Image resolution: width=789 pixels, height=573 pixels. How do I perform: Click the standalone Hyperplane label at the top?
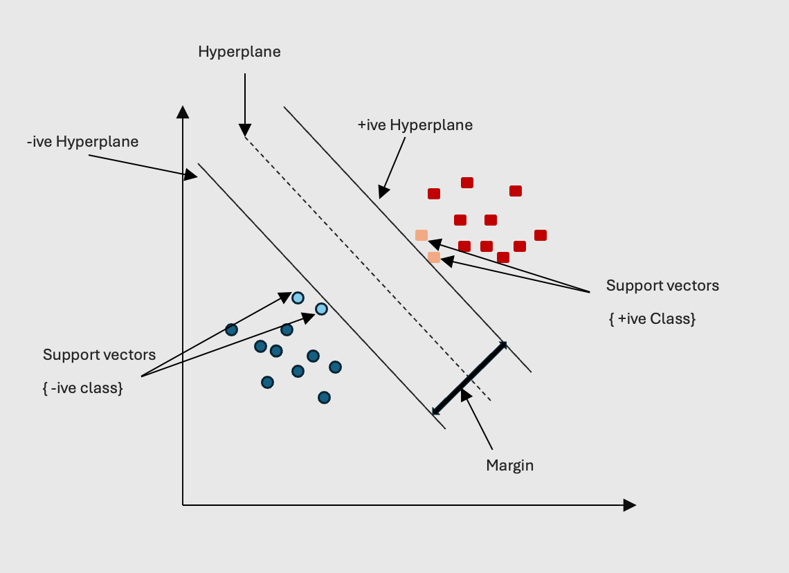[x=239, y=52]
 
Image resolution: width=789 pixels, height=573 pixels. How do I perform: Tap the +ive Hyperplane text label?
[x=415, y=125]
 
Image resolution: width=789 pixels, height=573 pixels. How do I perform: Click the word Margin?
[x=509, y=465]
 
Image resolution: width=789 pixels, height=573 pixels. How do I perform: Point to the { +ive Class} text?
[x=652, y=319]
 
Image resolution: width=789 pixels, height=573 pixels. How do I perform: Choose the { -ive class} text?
[x=82, y=388]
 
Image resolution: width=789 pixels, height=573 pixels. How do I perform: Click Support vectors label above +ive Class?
[x=662, y=286]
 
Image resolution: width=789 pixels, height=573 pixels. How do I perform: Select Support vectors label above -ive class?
[x=99, y=355]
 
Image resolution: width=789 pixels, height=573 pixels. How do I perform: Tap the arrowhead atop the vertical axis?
[x=183, y=112]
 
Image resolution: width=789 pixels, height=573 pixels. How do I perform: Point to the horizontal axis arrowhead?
[x=629, y=505]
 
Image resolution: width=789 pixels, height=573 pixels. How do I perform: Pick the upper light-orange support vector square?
[x=421, y=235]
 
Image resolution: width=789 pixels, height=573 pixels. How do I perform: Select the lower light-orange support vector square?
[x=434, y=257]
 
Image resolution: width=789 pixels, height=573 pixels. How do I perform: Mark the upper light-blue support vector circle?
[x=298, y=298]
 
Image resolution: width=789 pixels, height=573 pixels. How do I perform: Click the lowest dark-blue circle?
[x=324, y=397]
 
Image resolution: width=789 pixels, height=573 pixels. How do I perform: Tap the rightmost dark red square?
[x=541, y=235]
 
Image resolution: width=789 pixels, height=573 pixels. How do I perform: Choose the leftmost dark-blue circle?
[x=231, y=329]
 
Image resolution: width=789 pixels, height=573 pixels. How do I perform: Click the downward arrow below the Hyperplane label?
[x=244, y=104]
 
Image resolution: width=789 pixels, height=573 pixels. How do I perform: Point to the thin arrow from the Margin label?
[x=478, y=420]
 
